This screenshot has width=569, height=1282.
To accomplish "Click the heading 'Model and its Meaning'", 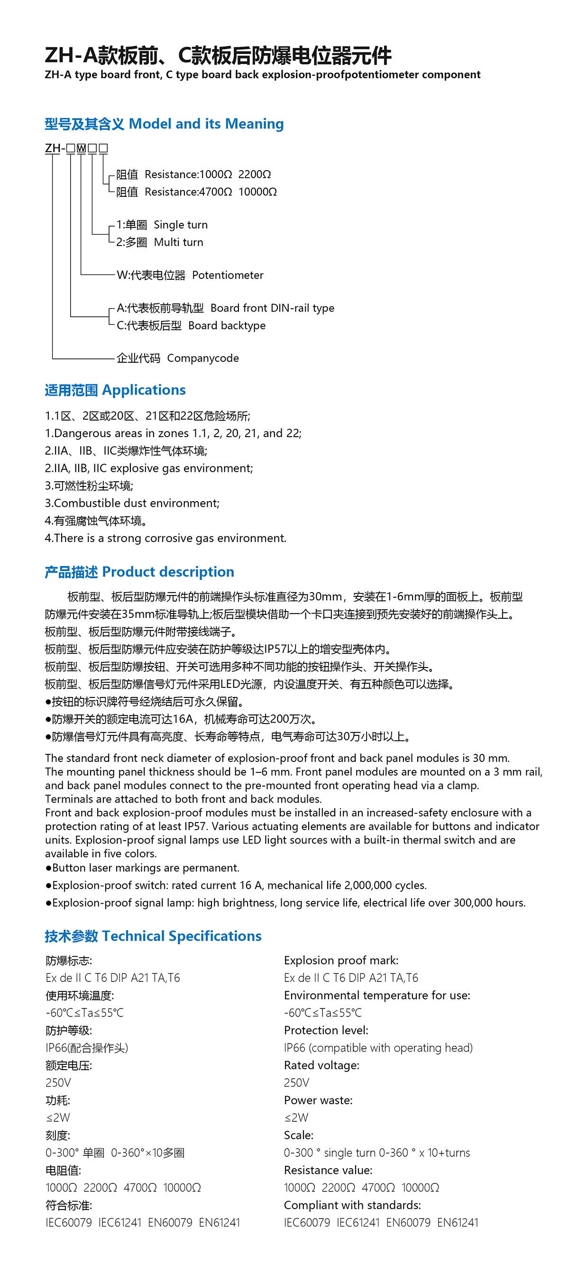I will coord(206,123).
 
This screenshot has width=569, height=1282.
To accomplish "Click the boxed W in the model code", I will coord(81,148).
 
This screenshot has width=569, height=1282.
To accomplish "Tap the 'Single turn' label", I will coord(180,225).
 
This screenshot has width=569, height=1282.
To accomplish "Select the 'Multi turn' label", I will coord(178,242).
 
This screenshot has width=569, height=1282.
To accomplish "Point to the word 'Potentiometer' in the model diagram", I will coord(228,275).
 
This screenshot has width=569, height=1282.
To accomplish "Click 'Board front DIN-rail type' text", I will coord(272,308).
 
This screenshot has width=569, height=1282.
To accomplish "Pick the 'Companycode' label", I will coord(202,358).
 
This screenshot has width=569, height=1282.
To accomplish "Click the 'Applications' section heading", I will coord(143,390).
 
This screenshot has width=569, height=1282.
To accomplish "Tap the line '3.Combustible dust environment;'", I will coord(132,503).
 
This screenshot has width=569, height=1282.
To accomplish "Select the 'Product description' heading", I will coord(168,572).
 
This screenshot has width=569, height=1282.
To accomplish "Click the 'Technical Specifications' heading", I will coord(181,936).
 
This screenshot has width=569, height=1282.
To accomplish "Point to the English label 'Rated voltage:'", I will coord(321,1065).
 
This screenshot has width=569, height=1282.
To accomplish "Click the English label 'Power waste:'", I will coord(318,1100).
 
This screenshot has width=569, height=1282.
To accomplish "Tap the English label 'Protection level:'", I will coord(326,1030).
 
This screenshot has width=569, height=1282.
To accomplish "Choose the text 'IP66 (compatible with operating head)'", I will coord(378,1048).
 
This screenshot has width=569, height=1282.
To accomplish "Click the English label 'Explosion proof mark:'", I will coord(340,960).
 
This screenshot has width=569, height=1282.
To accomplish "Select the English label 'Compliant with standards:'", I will coord(352,1205).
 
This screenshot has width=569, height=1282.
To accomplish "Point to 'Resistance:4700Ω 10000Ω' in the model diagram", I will coord(211,192).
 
